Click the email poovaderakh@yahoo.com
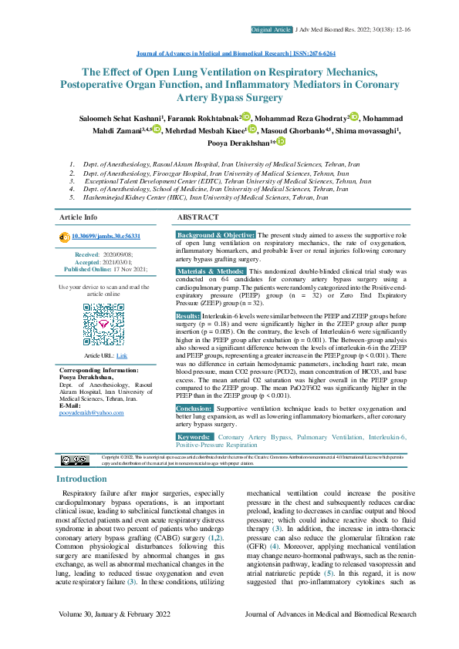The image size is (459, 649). [x=91, y=413]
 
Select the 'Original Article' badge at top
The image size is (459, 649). [x=271, y=29]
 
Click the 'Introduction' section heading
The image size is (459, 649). [x=82, y=479]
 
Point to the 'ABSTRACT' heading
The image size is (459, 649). [x=198, y=217]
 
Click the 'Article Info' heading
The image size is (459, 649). [x=79, y=217]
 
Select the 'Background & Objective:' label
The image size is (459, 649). [x=216, y=234]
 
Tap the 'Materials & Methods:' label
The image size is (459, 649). [x=211, y=272]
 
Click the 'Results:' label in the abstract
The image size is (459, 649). [x=188, y=316]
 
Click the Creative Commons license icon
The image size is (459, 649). [x=75, y=460]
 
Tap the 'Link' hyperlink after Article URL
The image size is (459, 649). [x=122, y=355]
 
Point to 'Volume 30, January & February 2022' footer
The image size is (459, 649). [x=119, y=614]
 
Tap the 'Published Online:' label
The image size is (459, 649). [x=88, y=270]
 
